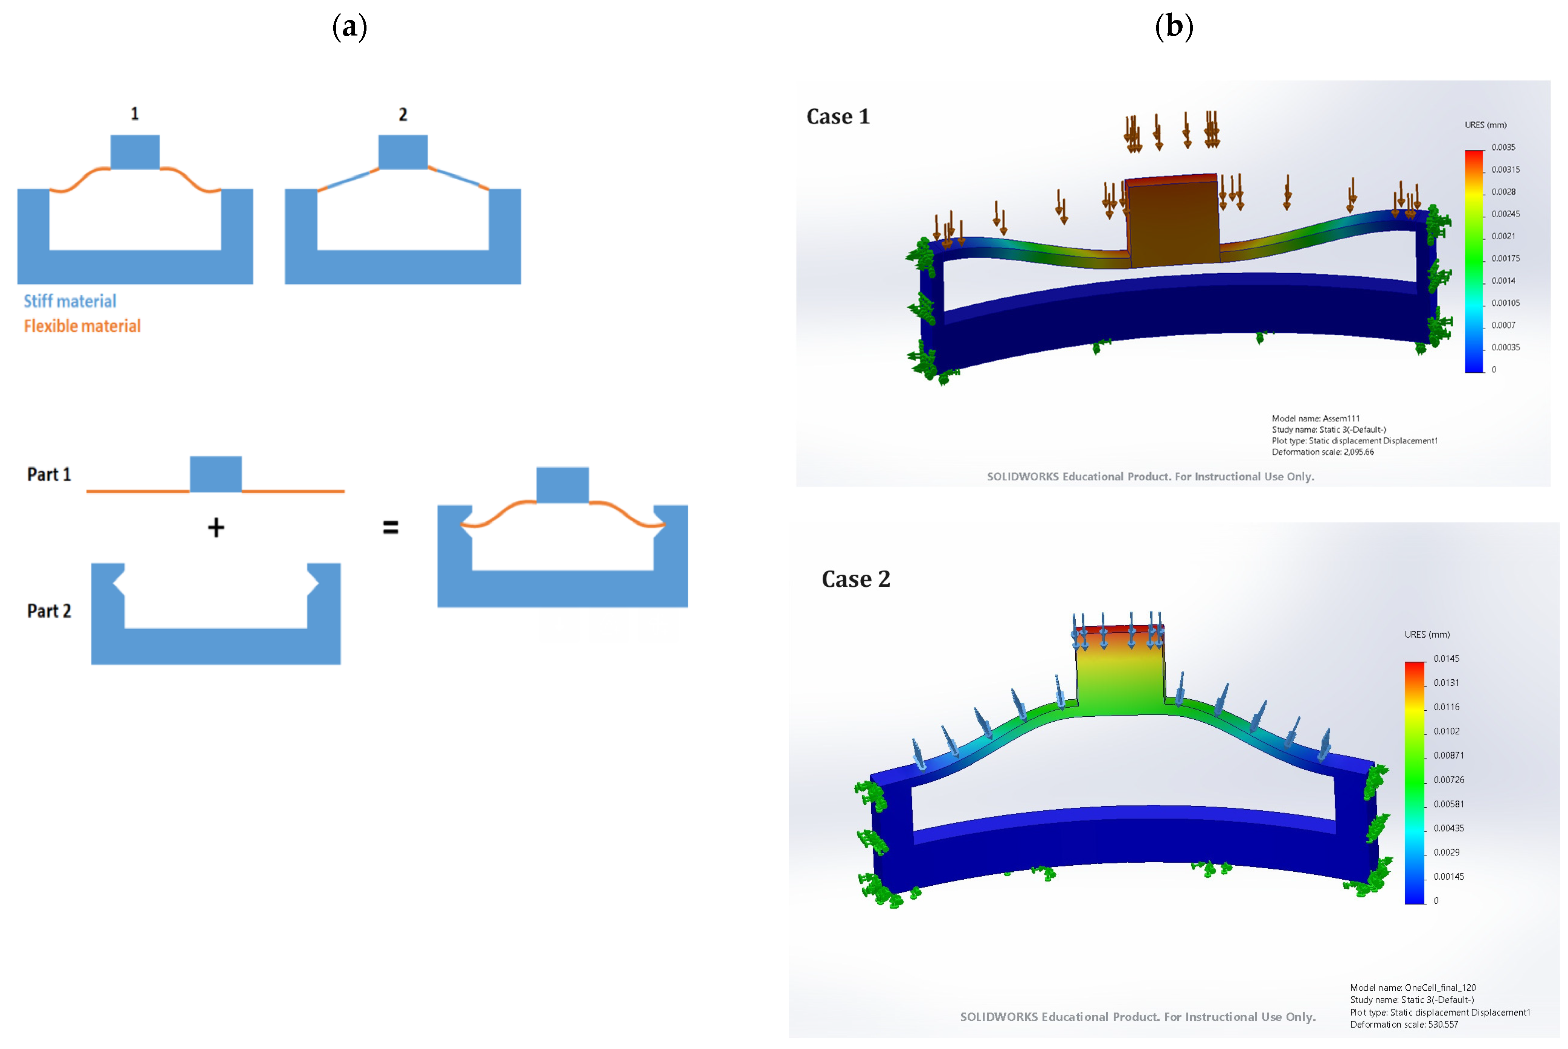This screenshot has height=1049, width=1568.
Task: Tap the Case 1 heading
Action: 838,116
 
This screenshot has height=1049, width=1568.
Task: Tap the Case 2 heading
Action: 856,579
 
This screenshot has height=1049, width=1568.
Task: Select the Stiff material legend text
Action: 70,301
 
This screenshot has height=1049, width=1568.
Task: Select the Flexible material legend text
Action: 82,326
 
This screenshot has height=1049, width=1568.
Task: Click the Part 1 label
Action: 49,474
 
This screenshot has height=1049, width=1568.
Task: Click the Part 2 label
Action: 49,611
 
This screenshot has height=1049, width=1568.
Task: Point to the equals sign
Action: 391,528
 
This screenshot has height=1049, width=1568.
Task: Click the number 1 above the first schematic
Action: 135,114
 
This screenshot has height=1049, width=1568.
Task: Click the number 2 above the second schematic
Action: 402,115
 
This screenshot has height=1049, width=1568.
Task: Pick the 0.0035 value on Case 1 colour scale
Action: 1503,147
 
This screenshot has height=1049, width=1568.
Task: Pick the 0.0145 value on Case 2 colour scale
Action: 1446,658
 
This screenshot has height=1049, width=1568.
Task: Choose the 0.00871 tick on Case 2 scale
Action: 1448,755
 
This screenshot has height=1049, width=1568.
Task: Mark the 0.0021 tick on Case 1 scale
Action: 1503,236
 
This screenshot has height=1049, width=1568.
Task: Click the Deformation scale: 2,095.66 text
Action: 1323,452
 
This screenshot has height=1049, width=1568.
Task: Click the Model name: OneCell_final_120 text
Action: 1412,987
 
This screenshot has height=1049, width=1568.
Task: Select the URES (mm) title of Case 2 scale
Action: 1427,634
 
